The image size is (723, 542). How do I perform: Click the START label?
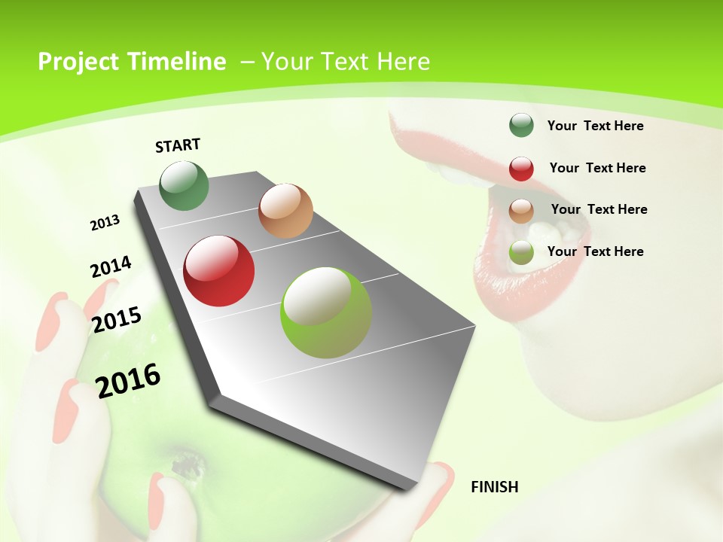tap(178, 145)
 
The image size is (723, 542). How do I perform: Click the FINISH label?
tap(494, 487)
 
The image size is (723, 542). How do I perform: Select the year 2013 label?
tap(105, 223)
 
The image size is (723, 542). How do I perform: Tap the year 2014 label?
tap(111, 267)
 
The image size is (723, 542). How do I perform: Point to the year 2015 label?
tap(117, 320)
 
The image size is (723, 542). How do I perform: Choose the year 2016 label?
tap(128, 380)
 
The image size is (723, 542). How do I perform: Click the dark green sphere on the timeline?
tap(185, 186)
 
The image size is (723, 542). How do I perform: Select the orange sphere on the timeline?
tap(285, 211)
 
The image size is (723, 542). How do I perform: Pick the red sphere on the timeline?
tap(219, 271)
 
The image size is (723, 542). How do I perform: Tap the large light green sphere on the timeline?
tap(326, 312)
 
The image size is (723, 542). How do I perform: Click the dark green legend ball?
tap(521, 126)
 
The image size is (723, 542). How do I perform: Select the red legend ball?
tap(521, 169)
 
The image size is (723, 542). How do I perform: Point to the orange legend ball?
tap(521, 210)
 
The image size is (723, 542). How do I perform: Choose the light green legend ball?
tap(521, 252)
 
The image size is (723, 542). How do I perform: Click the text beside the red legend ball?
tap(597, 168)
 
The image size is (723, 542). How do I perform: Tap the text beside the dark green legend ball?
tap(595, 126)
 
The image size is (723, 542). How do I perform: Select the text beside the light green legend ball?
tap(595, 251)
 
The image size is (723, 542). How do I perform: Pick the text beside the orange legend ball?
tap(599, 209)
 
